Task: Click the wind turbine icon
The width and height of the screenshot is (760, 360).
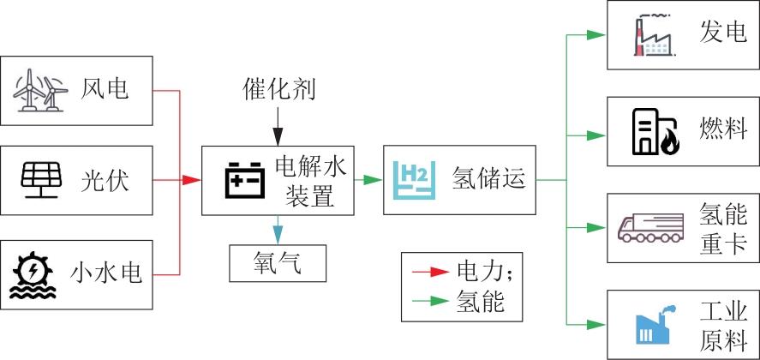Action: point(39,90)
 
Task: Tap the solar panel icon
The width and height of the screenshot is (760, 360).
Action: point(39,180)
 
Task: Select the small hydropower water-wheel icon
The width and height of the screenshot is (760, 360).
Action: point(35,274)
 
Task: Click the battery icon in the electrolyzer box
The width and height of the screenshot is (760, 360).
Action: point(244,181)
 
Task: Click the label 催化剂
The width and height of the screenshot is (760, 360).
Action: point(275,89)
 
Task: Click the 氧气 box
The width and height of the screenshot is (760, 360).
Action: point(278,262)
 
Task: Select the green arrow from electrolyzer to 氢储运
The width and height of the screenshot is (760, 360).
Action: point(369,180)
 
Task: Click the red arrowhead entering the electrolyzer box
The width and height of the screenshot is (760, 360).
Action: point(192,180)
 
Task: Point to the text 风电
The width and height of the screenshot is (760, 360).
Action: point(105,88)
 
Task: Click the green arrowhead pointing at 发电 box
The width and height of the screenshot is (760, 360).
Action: point(598,35)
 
